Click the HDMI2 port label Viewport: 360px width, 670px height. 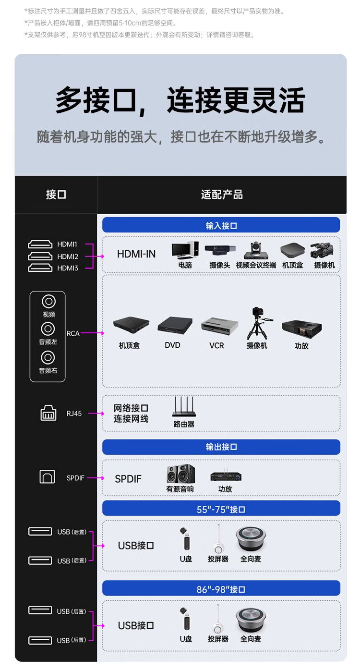tap(68, 256)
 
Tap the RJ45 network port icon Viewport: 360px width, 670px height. tap(48, 413)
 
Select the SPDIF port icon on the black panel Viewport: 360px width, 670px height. tap(47, 476)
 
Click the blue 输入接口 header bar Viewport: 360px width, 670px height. tap(221, 225)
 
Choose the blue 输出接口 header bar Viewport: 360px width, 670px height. tap(221, 447)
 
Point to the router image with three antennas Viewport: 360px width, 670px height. tap(184, 406)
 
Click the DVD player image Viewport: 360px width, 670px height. tap(175, 326)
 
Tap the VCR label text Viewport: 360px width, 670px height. tap(217, 345)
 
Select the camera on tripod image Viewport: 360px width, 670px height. tap(258, 324)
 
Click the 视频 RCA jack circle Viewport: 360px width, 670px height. tap(49, 301)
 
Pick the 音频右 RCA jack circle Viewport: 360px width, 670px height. tap(48, 357)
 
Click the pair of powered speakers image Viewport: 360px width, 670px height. tap(180, 474)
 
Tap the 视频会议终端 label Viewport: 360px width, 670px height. tap(256, 265)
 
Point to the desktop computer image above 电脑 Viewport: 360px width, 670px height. tap(185, 250)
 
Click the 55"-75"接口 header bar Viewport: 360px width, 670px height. tap(221, 508)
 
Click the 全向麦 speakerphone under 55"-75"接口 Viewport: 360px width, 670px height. tap(251, 539)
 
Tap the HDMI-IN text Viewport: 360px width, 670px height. tap(136, 254)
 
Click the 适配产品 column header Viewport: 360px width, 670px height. tap(222, 195)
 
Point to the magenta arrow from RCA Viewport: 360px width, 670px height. tap(92, 333)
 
